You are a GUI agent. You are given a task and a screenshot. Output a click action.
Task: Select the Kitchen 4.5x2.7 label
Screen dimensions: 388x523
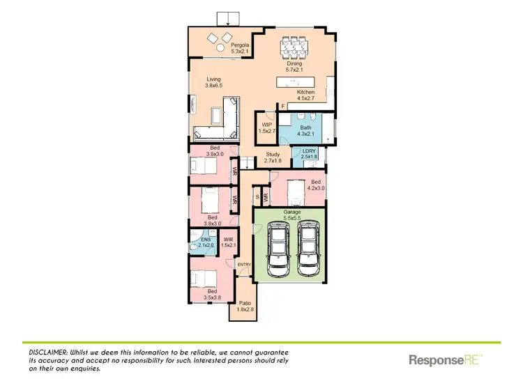coord(305,95)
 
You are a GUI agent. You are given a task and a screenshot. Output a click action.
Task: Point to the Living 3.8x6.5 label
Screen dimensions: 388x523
coord(213,82)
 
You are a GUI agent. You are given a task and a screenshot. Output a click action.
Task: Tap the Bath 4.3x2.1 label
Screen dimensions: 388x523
coord(306,131)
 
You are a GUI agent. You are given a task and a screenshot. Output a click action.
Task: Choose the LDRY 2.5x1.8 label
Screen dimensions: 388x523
coord(309,155)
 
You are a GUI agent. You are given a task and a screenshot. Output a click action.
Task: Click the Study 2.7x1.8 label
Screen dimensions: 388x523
coord(272,158)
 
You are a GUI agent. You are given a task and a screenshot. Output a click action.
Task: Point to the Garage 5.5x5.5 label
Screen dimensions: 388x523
coord(292,215)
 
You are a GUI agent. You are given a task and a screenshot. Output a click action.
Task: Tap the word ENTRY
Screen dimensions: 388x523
coord(244,265)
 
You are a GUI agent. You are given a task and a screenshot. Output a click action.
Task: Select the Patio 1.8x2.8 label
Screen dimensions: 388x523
coord(245,306)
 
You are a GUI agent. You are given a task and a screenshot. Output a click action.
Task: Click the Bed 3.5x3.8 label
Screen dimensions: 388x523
coord(211,294)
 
